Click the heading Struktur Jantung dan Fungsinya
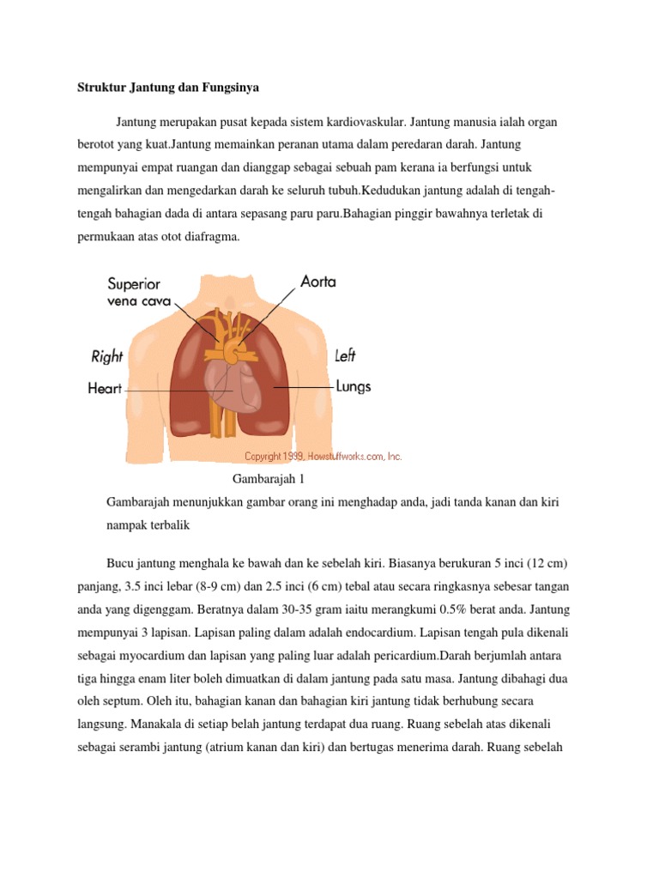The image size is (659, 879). (x=162, y=87)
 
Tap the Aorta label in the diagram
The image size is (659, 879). (x=317, y=282)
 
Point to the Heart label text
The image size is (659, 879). (x=105, y=389)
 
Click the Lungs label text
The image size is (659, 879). (x=354, y=387)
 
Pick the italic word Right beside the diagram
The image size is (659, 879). (x=107, y=356)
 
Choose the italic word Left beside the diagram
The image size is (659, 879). (x=345, y=355)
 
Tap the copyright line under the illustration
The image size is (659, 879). (x=323, y=457)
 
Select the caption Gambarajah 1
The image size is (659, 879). (x=269, y=479)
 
